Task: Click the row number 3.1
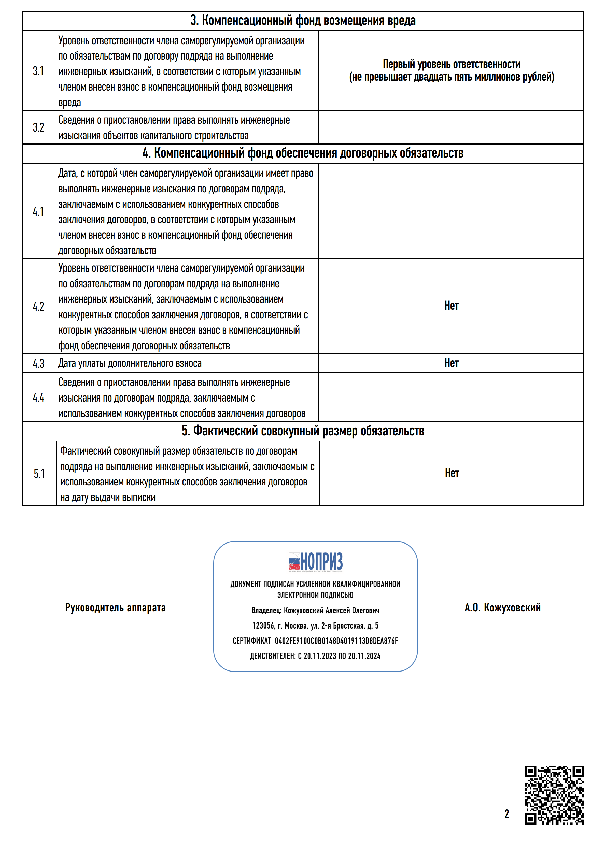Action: pyautogui.click(x=38, y=71)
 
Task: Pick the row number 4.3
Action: pyautogui.click(x=38, y=364)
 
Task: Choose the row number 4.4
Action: pyautogui.click(x=38, y=397)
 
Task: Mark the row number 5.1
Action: pyautogui.click(x=39, y=474)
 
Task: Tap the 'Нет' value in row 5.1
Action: pyautogui.click(x=452, y=473)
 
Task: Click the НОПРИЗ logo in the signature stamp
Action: pyautogui.click(x=316, y=562)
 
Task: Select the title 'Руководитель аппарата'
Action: pyautogui.click(x=115, y=608)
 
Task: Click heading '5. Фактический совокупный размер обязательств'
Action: pyautogui.click(x=303, y=431)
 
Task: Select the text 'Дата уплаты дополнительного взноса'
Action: pyautogui.click(x=130, y=364)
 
